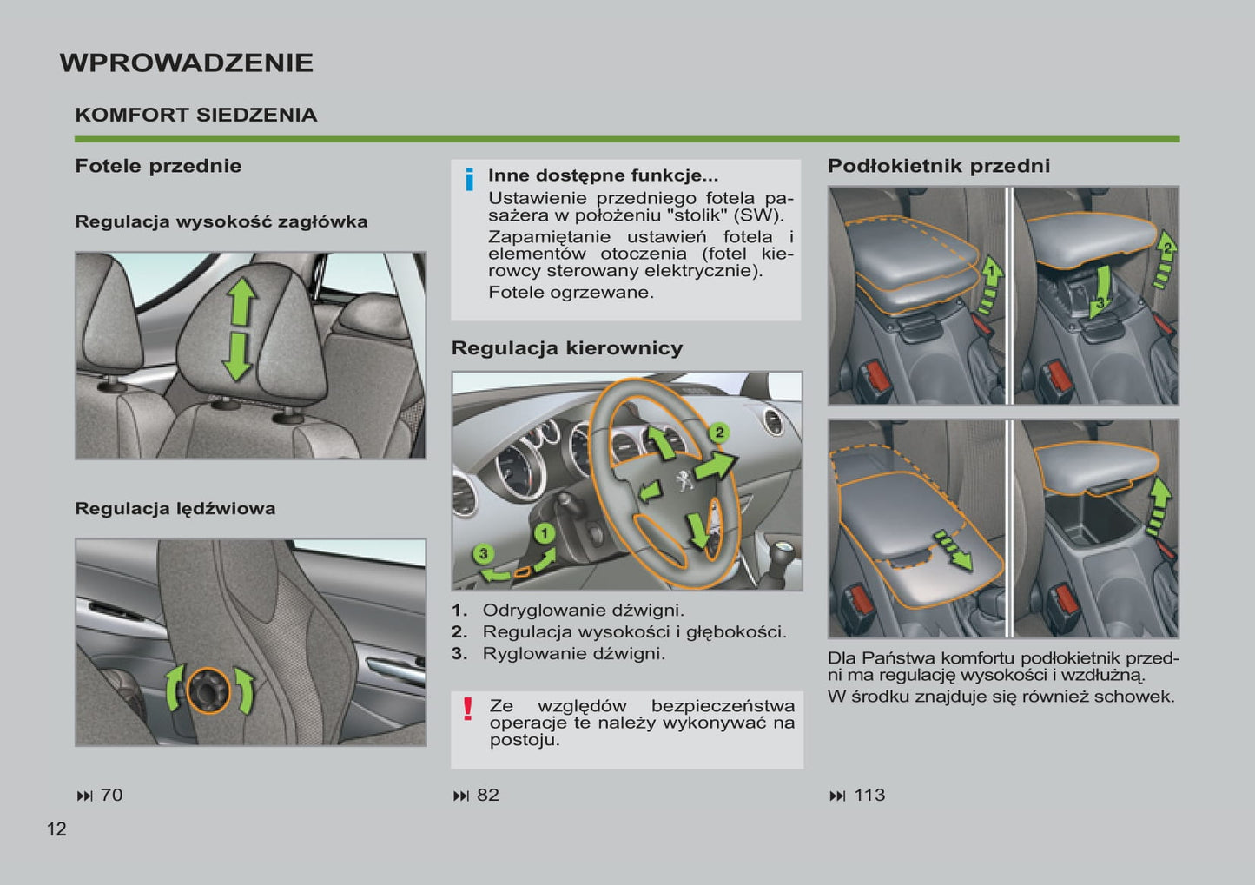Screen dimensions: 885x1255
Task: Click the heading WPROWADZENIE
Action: (x=186, y=63)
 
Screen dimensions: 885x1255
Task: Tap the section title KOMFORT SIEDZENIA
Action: (x=195, y=115)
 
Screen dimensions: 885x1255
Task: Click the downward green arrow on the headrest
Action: (x=236, y=357)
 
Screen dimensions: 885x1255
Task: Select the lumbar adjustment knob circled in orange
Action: (x=208, y=690)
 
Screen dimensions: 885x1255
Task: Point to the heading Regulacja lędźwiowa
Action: (x=175, y=508)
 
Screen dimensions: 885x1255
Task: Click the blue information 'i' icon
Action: (x=469, y=179)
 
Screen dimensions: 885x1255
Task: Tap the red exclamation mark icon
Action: (x=468, y=709)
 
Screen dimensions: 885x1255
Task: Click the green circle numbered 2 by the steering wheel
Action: (x=718, y=433)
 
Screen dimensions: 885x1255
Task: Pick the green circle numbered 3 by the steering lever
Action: (x=484, y=553)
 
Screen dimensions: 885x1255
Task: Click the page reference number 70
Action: (x=111, y=795)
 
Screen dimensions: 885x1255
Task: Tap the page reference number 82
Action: (x=488, y=795)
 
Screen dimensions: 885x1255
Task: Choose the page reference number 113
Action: (x=869, y=795)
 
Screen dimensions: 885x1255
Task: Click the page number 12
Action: (x=56, y=829)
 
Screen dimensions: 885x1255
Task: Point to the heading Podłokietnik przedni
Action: (x=938, y=166)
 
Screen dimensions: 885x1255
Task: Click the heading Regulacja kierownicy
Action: (x=566, y=348)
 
